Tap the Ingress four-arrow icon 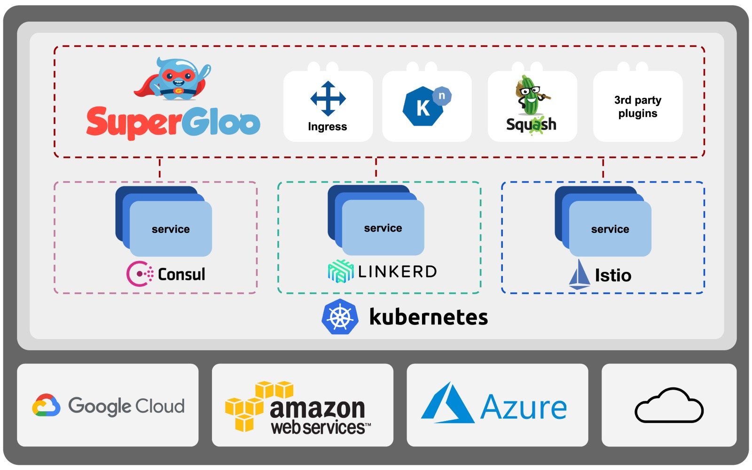tap(328, 99)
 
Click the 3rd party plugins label tap(638, 107)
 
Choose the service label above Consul tap(171, 229)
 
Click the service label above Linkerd tap(383, 228)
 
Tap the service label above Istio tap(610, 229)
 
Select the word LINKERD tap(398, 271)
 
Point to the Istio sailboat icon tap(580, 274)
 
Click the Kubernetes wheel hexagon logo tap(340, 317)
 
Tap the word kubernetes tap(429, 317)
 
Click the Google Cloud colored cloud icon tap(46, 405)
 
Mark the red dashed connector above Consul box tap(160, 168)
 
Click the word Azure tap(524, 407)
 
